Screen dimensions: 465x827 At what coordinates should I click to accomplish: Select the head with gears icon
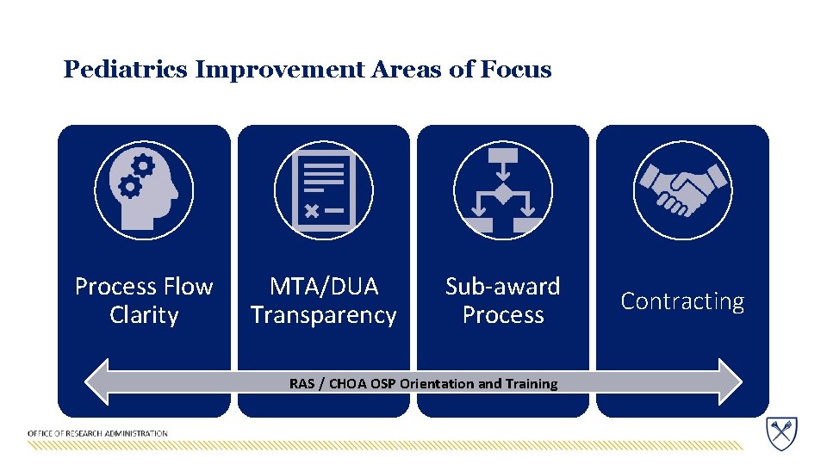[x=144, y=189]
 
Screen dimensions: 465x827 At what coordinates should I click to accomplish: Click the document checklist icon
[x=324, y=189]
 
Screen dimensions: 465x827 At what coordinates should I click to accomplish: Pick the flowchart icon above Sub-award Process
[x=503, y=189]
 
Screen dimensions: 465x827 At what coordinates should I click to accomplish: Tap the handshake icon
[x=682, y=189]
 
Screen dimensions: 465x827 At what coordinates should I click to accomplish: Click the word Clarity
[x=144, y=315]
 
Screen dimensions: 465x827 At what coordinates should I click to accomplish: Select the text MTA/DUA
[x=324, y=286]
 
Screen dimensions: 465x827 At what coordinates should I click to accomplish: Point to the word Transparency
[x=324, y=315]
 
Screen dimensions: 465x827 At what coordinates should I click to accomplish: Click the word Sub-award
[x=503, y=286]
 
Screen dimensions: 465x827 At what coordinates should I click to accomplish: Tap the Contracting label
[x=682, y=301]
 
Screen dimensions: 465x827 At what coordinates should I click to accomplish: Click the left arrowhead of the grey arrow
[x=97, y=382]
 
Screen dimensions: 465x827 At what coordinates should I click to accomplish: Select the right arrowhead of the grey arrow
[x=729, y=382]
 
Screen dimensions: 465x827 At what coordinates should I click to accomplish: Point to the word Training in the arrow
[x=531, y=384]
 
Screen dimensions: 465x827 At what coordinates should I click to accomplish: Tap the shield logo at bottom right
[x=781, y=431]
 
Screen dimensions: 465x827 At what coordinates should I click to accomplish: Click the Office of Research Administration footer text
[x=97, y=433]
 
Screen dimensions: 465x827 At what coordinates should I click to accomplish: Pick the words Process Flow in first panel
[x=144, y=286]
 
